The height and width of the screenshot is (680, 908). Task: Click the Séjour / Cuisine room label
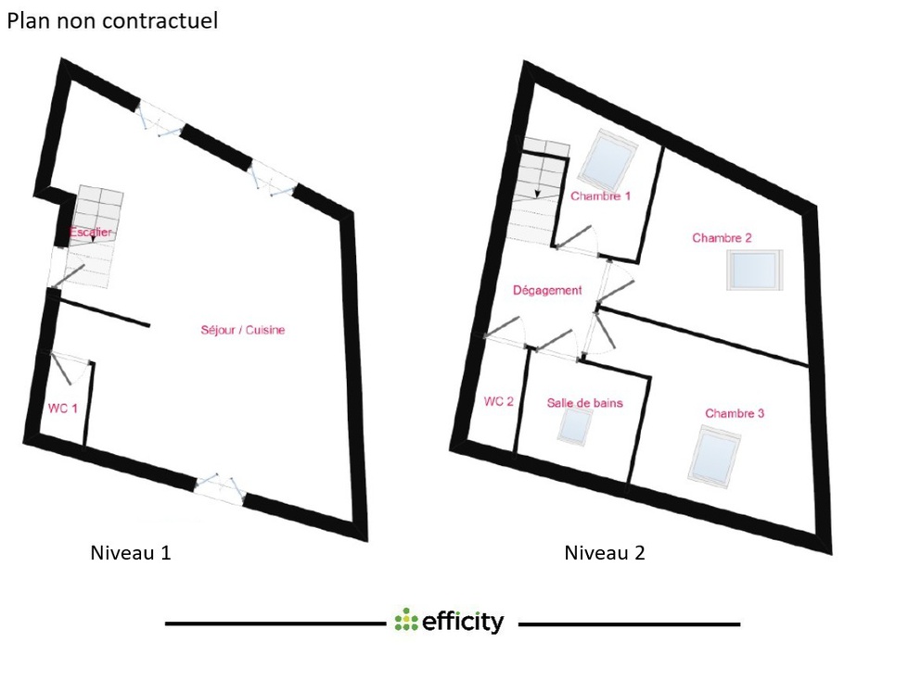point(243,330)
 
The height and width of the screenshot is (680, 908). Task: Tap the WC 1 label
point(62,409)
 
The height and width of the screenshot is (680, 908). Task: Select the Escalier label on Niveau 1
point(90,232)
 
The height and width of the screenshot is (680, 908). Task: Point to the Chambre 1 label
point(600,196)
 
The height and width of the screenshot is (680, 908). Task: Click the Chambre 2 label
point(722,238)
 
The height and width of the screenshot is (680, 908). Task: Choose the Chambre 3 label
point(735,413)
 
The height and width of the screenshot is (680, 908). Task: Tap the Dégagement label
point(547,290)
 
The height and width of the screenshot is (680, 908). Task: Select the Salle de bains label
point(585,403)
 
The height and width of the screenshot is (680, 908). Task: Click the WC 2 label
point(499,401)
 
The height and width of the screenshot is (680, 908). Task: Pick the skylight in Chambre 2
point(755,270)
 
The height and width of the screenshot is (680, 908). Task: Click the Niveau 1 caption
point(131,553)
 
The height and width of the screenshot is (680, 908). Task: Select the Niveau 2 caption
point(605,553)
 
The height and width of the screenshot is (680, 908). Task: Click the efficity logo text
point(463,623)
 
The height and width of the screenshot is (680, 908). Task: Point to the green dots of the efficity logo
point(406,620)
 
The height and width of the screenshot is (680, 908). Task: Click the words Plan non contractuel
point(112,20)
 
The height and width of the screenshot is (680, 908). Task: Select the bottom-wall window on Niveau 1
point(219,489)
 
